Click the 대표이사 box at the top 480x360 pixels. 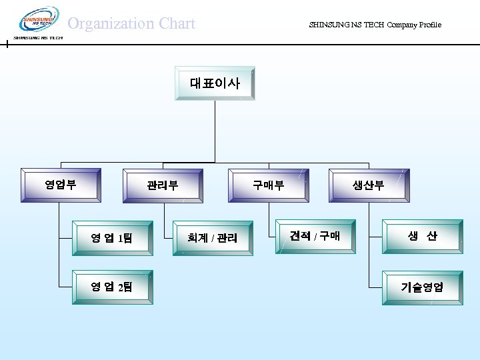pyautogui.click(x=215, y=83)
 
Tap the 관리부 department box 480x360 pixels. pyautogui.click(x=163, y=185)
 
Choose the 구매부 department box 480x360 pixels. pyautogui.click(x=268, y=185)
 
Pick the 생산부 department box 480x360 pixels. pyautogui.click(x=369, y=185)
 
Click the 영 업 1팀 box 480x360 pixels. pyautogui.click(x=112, y=237)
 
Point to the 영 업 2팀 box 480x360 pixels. pyautogui.click(x=112, y=287)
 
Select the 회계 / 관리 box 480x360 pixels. pyautogui.click(x=213, y=237)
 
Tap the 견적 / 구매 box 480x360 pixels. pyautogui.click(x=315, y=236)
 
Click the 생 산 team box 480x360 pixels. pyautogui.click(x=422, y=236)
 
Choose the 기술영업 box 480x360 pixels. pyautogui.click(x=422, y=287)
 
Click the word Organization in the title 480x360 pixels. pyautogui.click(x=110, y=24)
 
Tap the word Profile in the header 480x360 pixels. pyautogui.click(x=429, y=25)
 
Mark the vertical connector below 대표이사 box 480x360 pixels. pyautogui.click(x=215, y=131)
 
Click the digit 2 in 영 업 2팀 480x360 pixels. pyautogui.click(x=121, y=288)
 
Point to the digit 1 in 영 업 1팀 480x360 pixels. pyautogui.click(x=121, y=238)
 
